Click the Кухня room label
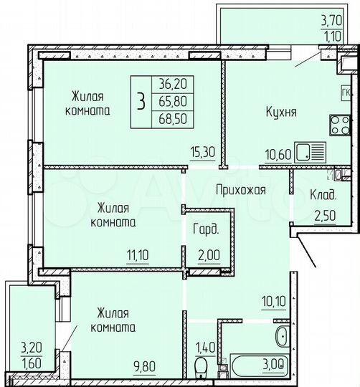280,113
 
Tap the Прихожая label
241,190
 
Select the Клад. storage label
324,195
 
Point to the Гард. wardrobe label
204,230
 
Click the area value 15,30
200,151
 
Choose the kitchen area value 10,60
279,151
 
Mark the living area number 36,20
170,82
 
